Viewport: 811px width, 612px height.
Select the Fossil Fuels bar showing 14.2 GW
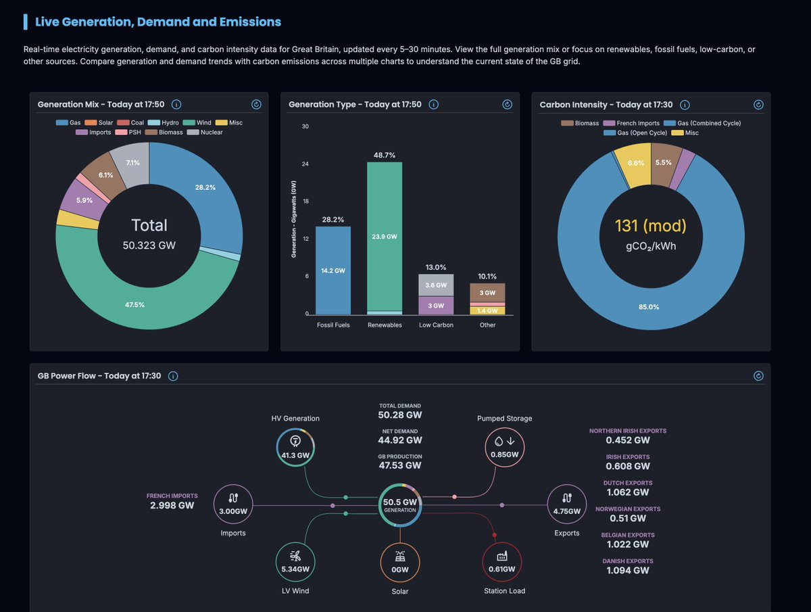pyautogui.click(x=333, y=270)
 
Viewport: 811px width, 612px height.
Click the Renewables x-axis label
pyautogui.click(x=385, y=325)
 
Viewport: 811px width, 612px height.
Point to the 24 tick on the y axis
pyautogui.click(x=305, y=164)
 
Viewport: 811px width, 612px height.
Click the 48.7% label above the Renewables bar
pyautogui.click(x=384, y=156)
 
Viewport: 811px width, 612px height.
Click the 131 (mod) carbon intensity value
pyautogui.click(x=650, y=226)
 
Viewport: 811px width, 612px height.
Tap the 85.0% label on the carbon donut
pyautogui.click(x=649, y=307)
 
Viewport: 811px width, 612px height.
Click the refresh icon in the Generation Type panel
pyautogui.click(x=508, y=105)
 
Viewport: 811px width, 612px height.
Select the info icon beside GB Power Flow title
pyautogui.click(x=173, y=376)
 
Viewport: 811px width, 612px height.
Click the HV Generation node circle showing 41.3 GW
pyautogui.click(x=295, y=447)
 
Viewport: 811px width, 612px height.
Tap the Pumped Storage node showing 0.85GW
pyautogui.click(x=505, y=447)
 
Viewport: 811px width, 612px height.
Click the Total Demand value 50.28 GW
pyautogui.click(x=400, y=415)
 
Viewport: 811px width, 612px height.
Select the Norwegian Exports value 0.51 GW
pyautogui.click(x=628, y=519)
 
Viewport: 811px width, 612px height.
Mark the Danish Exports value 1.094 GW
pyautogui.click(x=628, y=570)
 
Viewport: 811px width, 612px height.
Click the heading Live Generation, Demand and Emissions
pyautogui.click(x=158, y=22)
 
